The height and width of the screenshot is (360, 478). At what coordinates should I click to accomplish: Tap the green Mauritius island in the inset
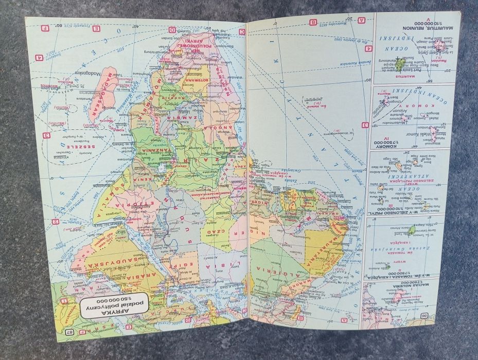click(400, 64)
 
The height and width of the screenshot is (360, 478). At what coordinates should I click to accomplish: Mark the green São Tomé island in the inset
click(412, 229)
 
